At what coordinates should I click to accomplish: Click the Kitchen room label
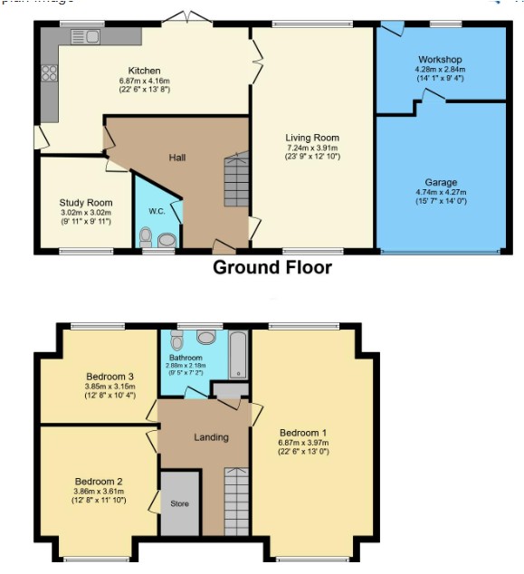point(144,71)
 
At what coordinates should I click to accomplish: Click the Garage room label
point(441,182)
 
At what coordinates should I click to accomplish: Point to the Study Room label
point(86,203)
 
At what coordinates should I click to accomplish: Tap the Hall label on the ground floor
point(177,158)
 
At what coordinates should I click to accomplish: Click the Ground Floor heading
point(272,268)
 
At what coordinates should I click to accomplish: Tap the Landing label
point(211,437)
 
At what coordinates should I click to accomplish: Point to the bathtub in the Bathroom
point(238,355)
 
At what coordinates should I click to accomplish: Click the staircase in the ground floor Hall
point(235,180)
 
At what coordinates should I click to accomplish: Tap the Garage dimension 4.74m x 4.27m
point(441,192)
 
